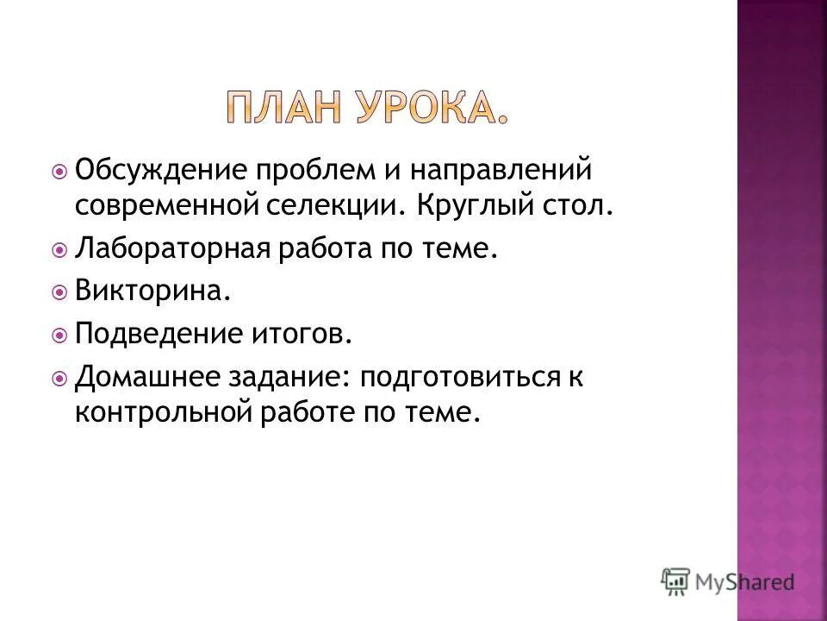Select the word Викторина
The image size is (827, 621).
pyautogui.click(x=152, y=291)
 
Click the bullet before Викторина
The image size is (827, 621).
pyautogui.click(x=59, y=292)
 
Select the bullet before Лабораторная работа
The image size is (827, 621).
pyautogui.click(x=59, y=250)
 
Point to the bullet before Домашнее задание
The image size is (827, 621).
pyautogui.click(x=59, y=377)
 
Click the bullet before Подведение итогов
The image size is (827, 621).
pyautogui.click(x=59, y=334)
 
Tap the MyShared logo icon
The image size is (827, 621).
pyautogui.click(x=676, y=581)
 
